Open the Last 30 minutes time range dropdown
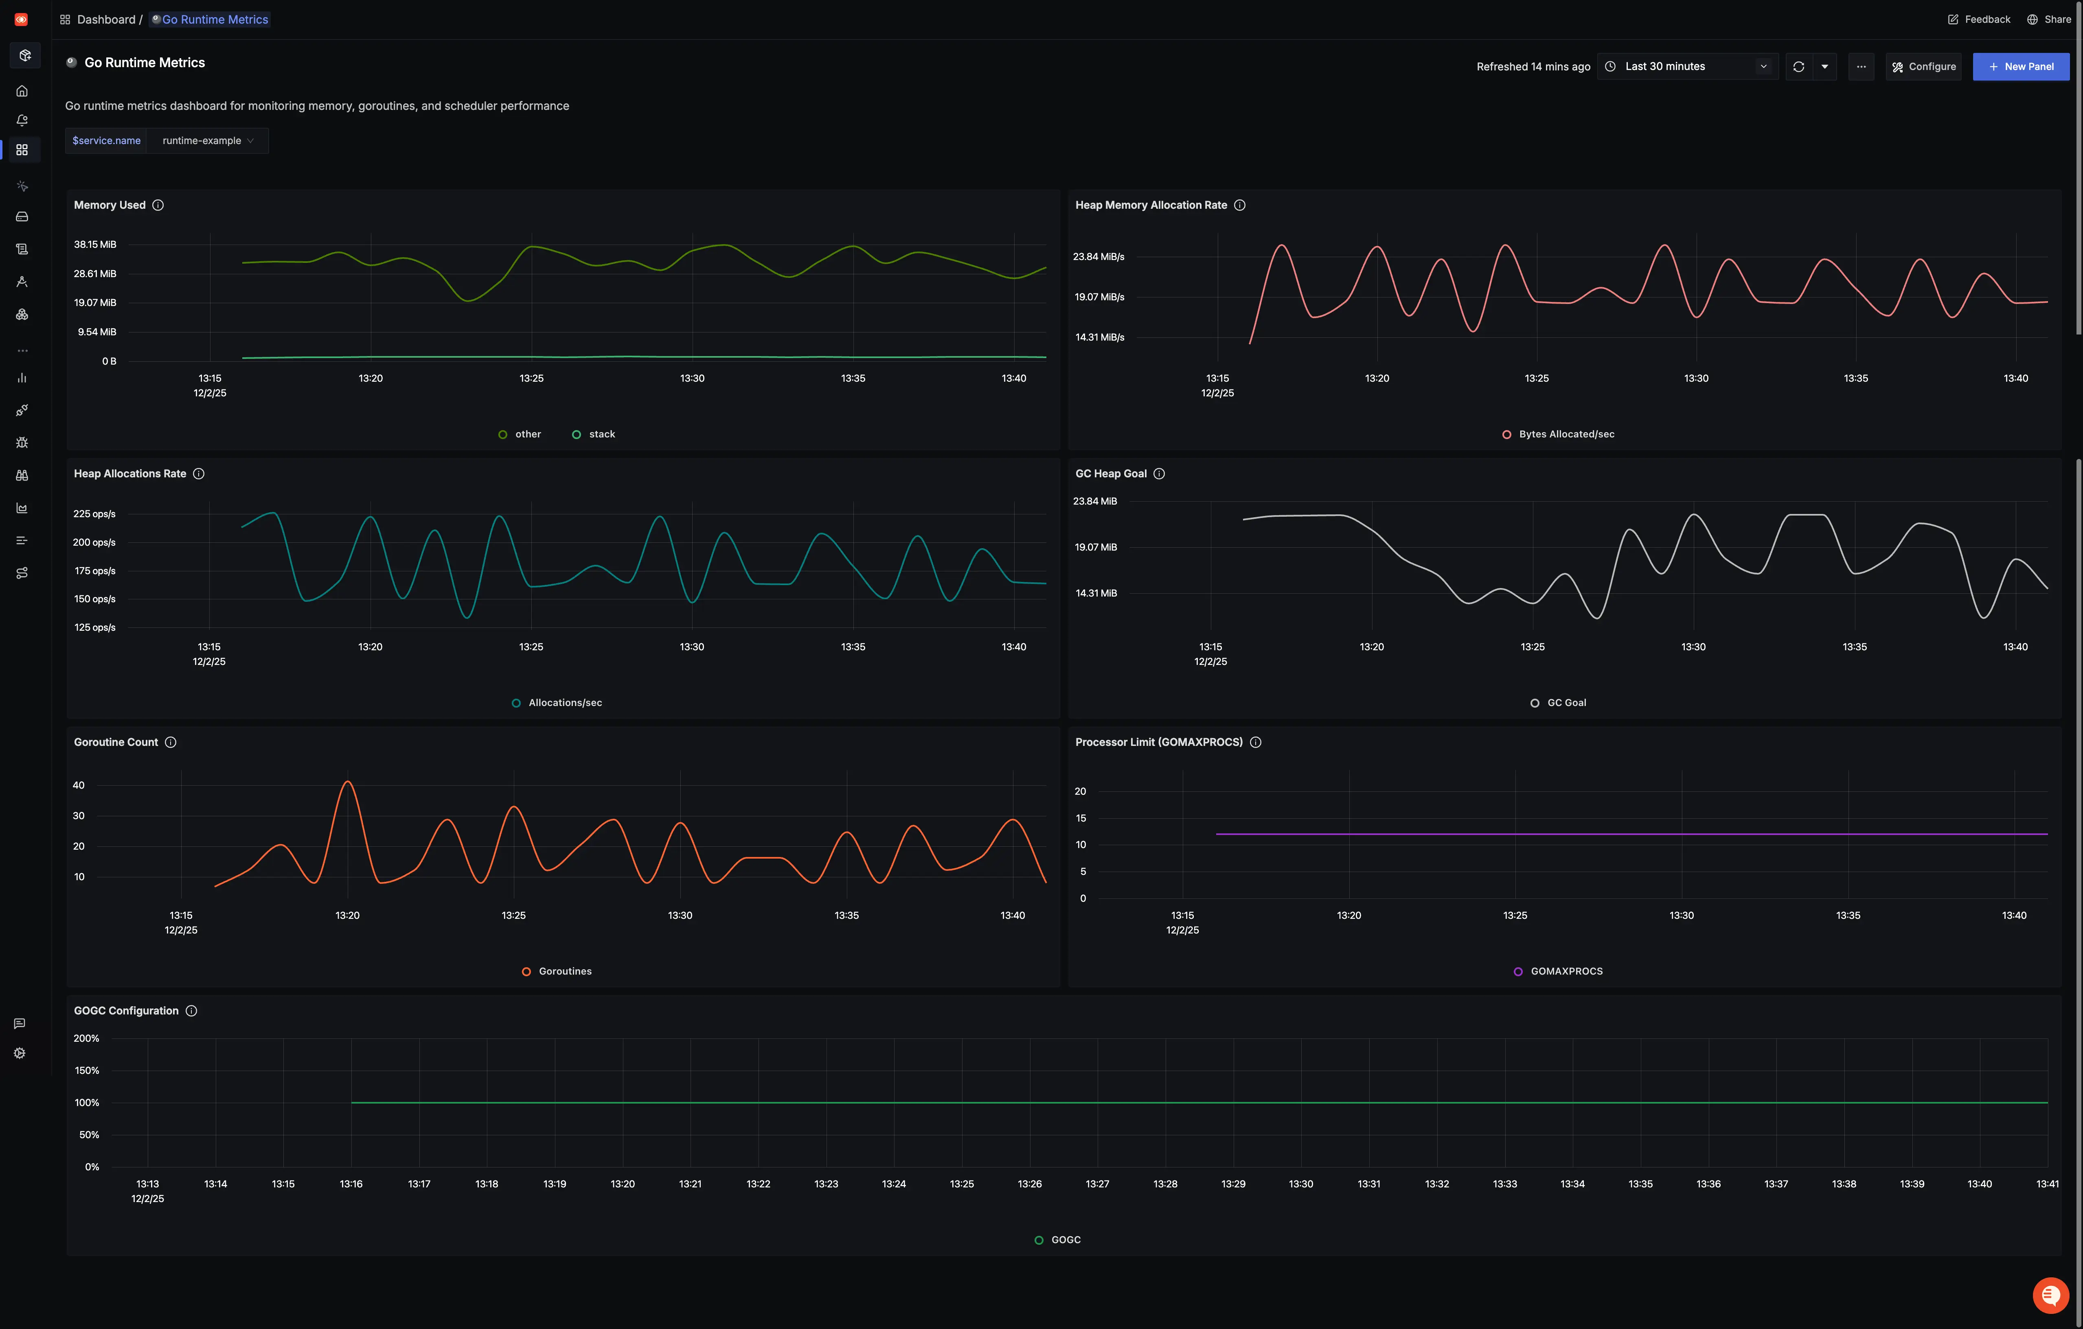[x=1687, y=67]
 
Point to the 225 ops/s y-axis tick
[x=94, y=514]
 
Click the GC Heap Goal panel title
[x=1111, y=474]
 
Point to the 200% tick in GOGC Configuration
[x=86, y=1038]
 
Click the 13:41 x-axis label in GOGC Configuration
[x=2047, y=1184]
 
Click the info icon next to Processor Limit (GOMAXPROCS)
[x=1255, y=743]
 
